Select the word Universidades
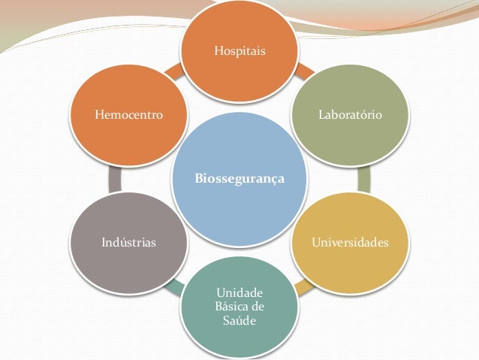pos(350,243)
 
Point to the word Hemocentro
pos(129,116)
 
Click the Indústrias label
pos(128,243)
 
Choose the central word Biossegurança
pos(239,179)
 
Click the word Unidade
pos(239,292)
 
